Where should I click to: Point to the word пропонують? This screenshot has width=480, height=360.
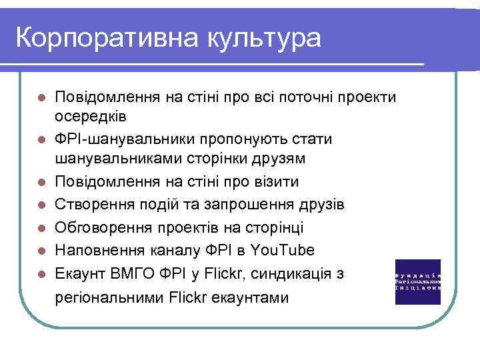[241, 139]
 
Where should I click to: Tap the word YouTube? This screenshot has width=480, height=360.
[285, 250]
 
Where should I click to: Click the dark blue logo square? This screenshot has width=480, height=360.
[417, 281]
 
